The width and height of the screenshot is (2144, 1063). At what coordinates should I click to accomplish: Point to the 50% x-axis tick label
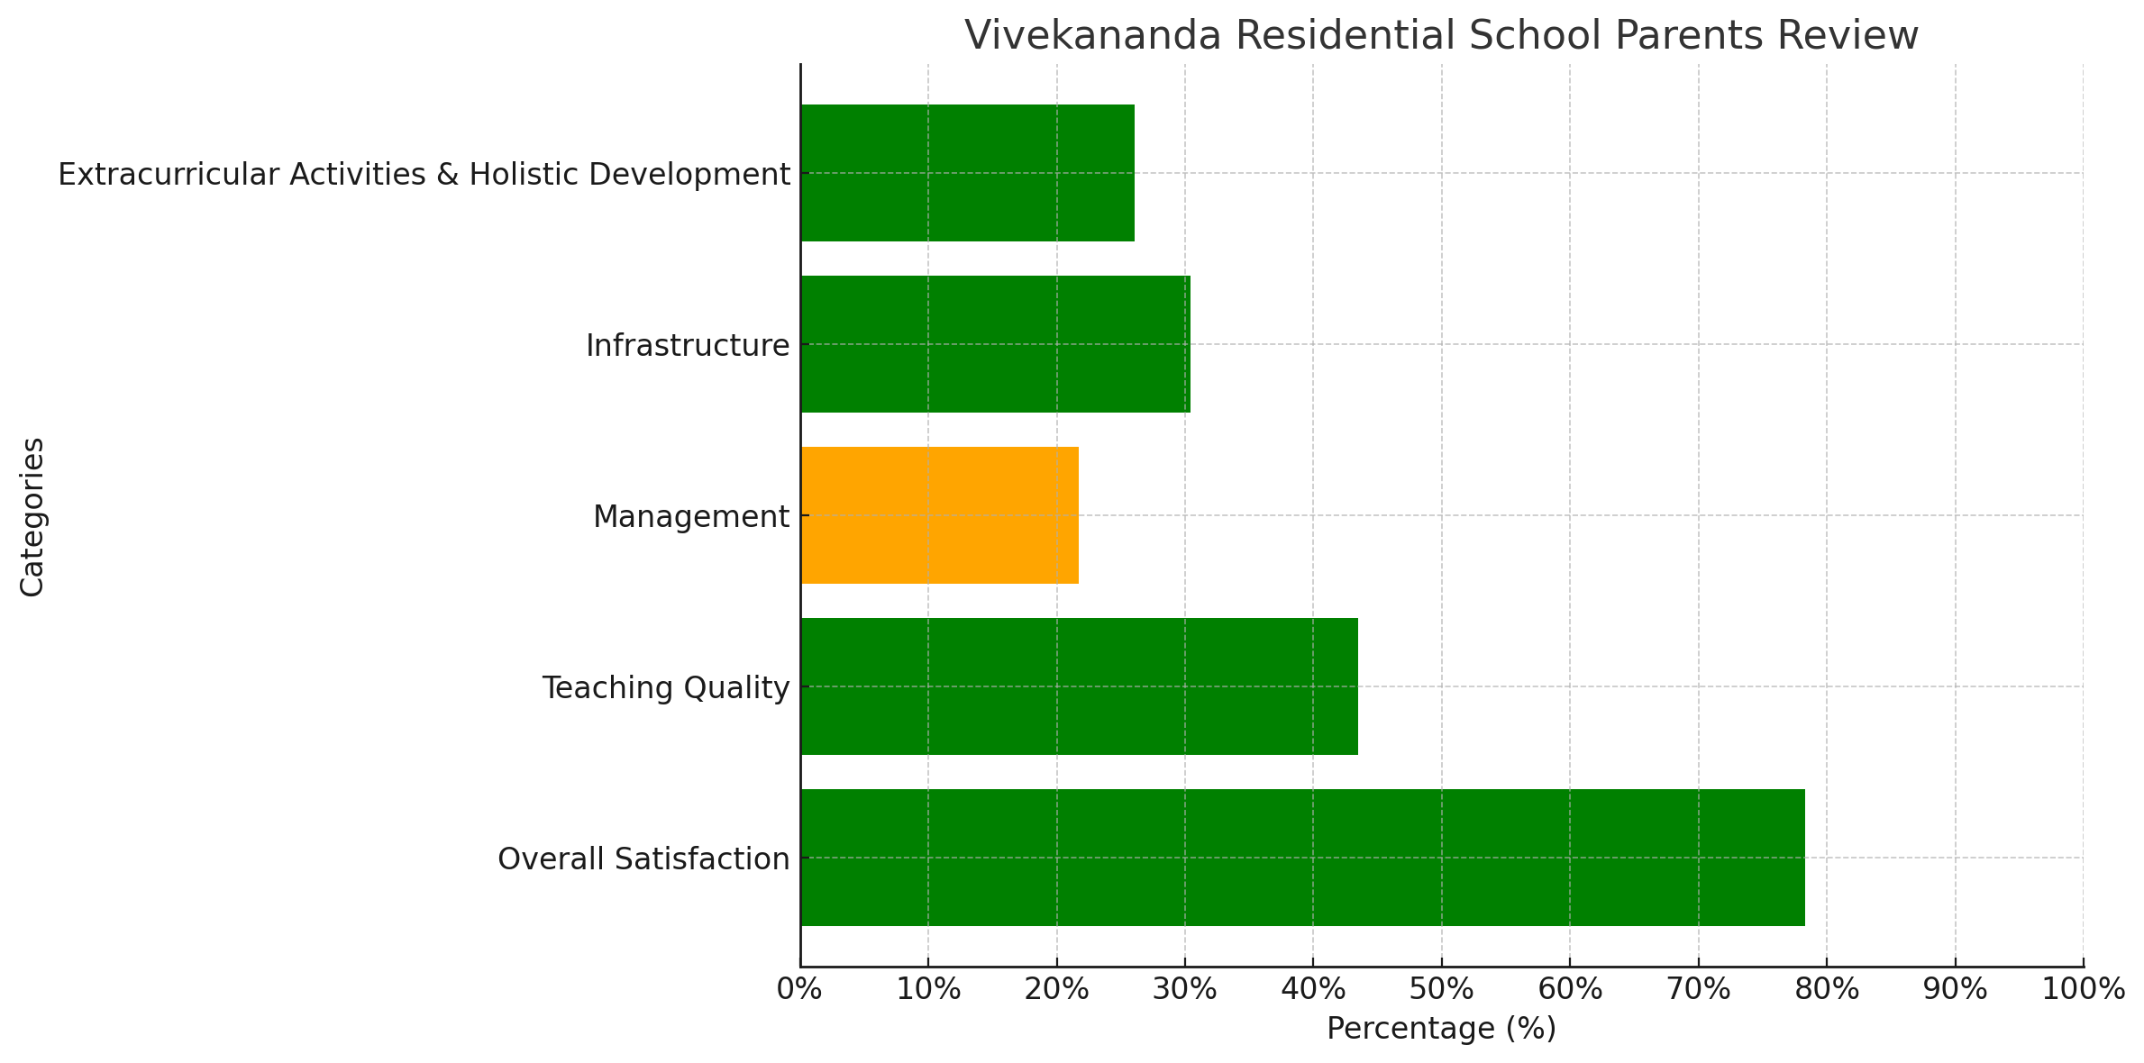coord(1441,990)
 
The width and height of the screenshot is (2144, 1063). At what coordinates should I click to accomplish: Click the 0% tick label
coord(798,990)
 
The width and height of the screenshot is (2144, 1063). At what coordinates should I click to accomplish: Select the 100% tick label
coord(2083,990)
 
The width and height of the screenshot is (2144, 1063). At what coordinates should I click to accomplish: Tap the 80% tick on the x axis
coord(1826,990)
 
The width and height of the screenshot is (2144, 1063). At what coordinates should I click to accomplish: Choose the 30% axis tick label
coord(1184,990)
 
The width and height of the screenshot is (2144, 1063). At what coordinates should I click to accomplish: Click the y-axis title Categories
coord(32,516)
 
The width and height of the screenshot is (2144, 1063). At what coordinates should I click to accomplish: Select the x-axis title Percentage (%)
coord(1441,1029)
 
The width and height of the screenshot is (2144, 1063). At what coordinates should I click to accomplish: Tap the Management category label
coord(690,517)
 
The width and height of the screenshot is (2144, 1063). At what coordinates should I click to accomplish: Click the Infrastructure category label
coord(688,346)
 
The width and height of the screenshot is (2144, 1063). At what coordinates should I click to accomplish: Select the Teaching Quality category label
coord(665,688)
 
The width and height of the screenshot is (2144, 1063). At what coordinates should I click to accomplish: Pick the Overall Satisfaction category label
coord(643,859)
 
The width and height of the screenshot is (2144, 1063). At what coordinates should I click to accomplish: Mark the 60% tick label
coord(1569,990)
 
